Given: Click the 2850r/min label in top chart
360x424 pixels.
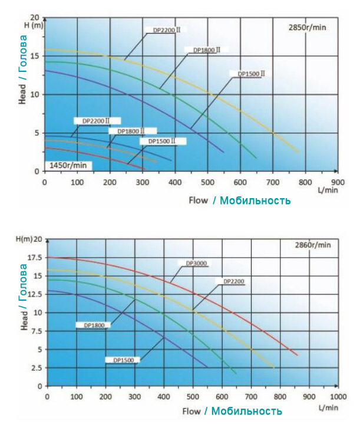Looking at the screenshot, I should [307, 27].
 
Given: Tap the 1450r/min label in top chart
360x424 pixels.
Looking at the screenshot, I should [68, 165].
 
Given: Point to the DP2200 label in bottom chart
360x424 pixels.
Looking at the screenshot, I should [234, 281].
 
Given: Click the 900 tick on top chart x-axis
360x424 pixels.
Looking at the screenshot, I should [338, 182].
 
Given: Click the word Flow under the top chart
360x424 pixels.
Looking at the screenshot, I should [198, 201].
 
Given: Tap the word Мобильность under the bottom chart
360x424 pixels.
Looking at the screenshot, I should [247, 410].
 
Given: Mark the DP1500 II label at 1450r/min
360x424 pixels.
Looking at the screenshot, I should [163, 142].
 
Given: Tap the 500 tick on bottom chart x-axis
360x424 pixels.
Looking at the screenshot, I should [193, 396].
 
